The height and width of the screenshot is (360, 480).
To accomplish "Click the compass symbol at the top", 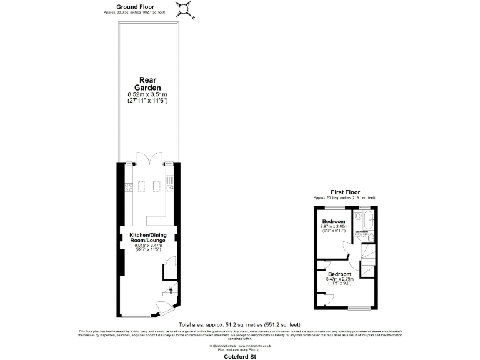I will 184,9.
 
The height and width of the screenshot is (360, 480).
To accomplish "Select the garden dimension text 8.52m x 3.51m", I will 147,94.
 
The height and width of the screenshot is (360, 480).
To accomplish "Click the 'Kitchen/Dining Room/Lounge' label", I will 147,237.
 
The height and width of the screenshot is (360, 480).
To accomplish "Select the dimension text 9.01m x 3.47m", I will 147,246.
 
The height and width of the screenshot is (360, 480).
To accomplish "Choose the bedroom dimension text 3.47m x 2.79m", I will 341,279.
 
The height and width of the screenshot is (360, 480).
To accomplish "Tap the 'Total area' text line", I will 239,325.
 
